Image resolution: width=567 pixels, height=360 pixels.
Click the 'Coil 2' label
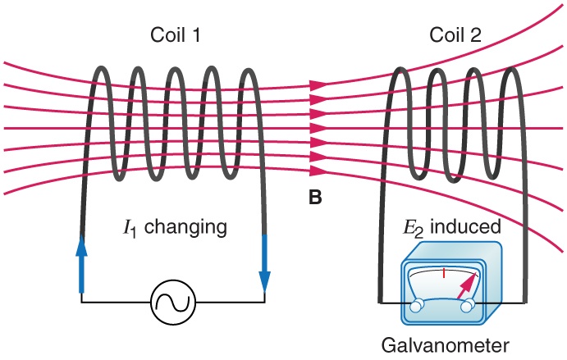click(x=455, y=36)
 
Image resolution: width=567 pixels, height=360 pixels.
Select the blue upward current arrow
click(x=81, y=261)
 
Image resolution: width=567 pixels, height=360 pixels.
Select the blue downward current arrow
click(x=264, y=261)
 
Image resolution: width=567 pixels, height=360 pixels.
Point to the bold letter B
click(x=315, y=198)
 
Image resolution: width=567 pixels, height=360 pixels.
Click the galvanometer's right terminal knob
click(x=468, y=306)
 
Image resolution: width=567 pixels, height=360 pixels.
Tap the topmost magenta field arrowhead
click(x=317, y=84)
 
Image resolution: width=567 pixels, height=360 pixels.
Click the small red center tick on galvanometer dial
click(x=443, y=272)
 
